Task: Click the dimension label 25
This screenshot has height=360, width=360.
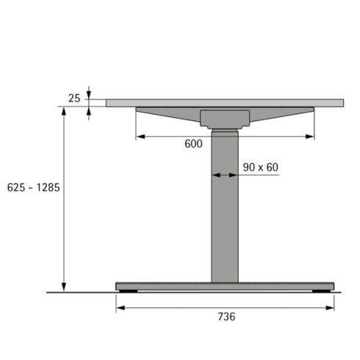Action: (73, 98)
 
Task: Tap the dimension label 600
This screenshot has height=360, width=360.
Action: (194, 145)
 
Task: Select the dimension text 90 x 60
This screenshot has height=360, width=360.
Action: (261, 168)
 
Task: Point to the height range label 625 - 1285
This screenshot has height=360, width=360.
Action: (33, 187)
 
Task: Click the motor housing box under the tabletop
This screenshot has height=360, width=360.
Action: (225, 120)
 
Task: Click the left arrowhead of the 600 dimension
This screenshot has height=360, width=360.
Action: (139, 136)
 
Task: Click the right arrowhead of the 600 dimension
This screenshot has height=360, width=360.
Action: (312, 136)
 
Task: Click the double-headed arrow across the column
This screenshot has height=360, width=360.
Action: (225, 175)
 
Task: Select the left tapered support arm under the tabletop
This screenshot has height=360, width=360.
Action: (168, 115)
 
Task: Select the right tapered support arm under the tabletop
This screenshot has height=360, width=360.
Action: (283, 115)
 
